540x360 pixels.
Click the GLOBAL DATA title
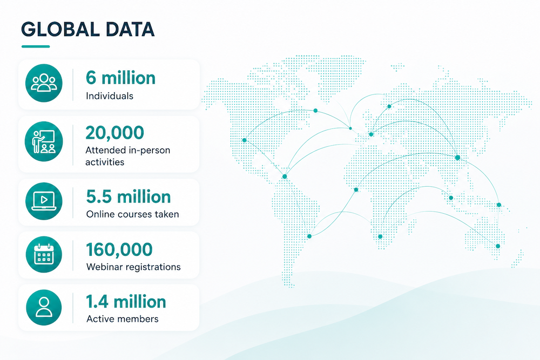[x=88, y=29]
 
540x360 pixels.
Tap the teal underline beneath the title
[x=36, y=46]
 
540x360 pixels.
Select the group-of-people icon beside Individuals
[x=44, y=83]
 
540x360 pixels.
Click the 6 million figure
[x=120, y=78]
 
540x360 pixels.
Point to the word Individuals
[x=110, y=96]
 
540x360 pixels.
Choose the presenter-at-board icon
[x=44, y=141]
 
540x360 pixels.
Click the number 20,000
[x=114, y=133]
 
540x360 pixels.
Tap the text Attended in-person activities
[x=128, y=156]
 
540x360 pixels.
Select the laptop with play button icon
[x=44, y=201]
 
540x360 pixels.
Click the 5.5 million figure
[x=129, y=197]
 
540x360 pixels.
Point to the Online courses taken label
[x=133, y=214]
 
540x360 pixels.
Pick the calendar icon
[x=44, y=254]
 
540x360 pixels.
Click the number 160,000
[x=119, y=249]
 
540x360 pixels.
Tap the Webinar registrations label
[x=133, y=267]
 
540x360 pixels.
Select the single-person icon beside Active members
[x=44, y=307]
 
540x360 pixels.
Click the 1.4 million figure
[x=126, y=302]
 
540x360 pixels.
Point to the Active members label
[x=123, y=318]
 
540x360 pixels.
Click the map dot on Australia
[x=498, y=246]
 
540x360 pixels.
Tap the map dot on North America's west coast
[x=245, y=140]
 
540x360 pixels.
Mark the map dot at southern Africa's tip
[x=380, y=236]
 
